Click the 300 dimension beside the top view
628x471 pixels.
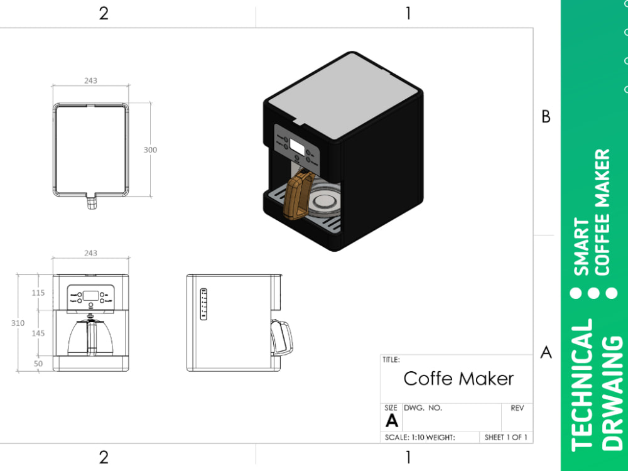pyautogui.click(x=150, y=150)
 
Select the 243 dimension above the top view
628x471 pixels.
pyautogui.click(x=90, y=80)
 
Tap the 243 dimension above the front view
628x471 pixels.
pyautogui.click(x=90, y=253)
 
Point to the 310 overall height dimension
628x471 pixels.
pyautogui.click(x=18, y=323)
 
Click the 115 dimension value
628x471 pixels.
pyautogui.click(x=39, y=293)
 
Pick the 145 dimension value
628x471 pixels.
pyautogui.click(x=39, y=333)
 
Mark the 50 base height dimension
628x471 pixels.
pyautogui.click(x=39, y=364)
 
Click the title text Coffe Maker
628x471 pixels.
pyautogui.click(x=458, y=379)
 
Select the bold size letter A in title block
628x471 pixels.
pyautogui.click(x=392, y=421)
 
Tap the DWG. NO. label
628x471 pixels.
pyautogui.click(x=423, y=408)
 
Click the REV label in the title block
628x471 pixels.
pyautogui.click(x=517, y=408)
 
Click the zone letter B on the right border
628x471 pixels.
pyautogui.click(x=546, y=117)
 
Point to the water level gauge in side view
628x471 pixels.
pyautogui.click(x=203, y=304)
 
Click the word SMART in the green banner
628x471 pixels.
pyautogui.click(x=583, y=247)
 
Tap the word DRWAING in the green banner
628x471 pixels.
pyautogui.click(x=613, y=393)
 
